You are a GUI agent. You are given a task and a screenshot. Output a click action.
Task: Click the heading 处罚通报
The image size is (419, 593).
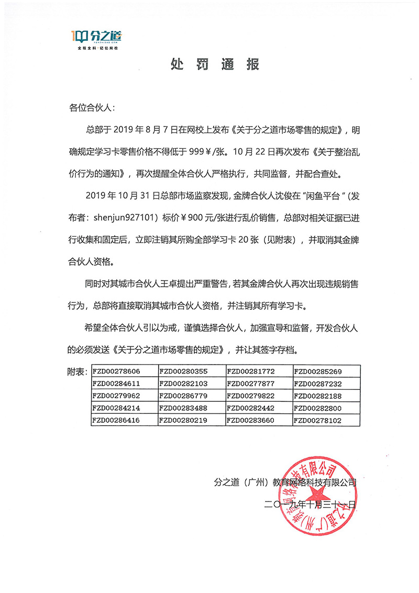tap(215, 65)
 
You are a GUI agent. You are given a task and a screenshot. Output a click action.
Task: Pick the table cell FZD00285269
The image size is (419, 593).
tap(318, 371)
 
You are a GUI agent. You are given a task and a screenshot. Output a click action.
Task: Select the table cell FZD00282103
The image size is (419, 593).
tap(183, 383)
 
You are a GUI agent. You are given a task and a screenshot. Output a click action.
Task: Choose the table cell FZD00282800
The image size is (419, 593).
tap(318, 408)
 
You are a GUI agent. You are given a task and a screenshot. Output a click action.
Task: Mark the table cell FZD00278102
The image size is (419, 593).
tap(318, 420)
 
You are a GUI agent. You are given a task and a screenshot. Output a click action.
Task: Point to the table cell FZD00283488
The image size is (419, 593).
tap(183, 408)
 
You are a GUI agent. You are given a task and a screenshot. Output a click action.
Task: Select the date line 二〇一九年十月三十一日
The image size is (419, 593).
tap(311, 505)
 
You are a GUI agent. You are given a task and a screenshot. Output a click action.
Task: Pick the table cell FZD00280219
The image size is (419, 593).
tap(183, 420)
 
